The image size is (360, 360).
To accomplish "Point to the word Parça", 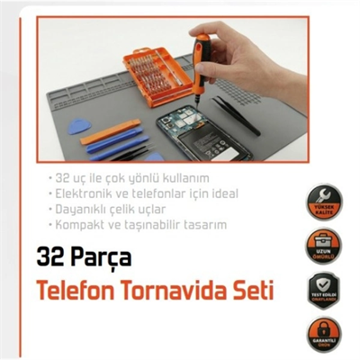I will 103,259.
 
